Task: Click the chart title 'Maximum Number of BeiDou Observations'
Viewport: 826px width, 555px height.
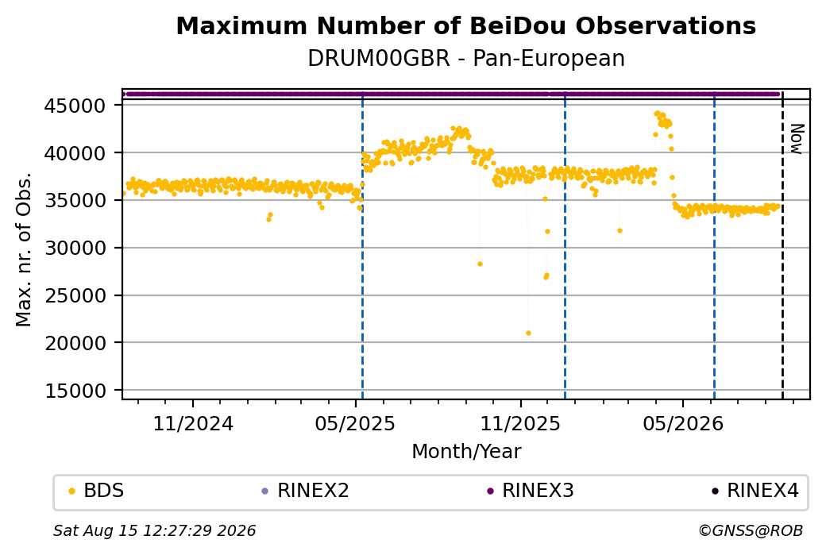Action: point(465,25)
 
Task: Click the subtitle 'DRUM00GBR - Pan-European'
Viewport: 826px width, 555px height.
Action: point(466,58)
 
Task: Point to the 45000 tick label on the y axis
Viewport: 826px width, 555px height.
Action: point(75,106)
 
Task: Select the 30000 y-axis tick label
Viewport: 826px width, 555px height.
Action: point(75,248)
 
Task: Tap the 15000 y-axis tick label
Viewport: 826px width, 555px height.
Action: point(75,391)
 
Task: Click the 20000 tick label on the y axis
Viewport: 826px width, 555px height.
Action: point(75,343)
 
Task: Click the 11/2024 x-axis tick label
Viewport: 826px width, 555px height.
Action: point(193,423)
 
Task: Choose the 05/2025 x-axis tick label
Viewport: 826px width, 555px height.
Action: point(355,423)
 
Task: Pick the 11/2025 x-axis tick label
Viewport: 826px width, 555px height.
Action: point(520,423)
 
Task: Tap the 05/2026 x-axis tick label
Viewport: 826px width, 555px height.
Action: point(683,423)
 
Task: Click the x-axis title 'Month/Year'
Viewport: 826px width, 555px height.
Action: point(466,451)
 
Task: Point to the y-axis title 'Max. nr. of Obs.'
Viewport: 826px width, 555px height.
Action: point(24,249)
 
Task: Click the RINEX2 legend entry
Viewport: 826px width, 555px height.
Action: point(306,491)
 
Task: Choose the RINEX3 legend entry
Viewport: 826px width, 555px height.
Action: point(531,491)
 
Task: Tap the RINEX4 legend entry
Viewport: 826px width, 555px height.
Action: point(755,491)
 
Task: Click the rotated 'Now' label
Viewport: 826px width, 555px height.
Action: point(797,139)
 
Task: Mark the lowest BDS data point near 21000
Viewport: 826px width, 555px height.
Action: point(528,333)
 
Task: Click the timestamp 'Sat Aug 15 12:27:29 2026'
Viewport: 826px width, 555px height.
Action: point(154,530)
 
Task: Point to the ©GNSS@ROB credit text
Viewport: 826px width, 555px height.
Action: point(751,530)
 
